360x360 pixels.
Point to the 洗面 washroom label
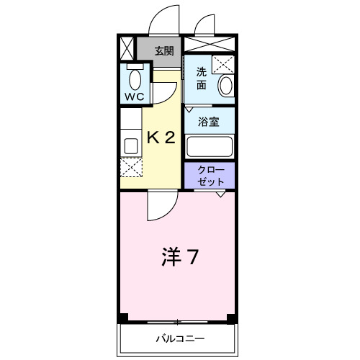[x=202, y=78]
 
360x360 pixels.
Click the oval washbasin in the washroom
[x=225, y=86]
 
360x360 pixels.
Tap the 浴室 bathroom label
[x=209, y=122]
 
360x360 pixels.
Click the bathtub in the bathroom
[x=210, y=146]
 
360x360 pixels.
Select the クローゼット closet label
[x=210, y=176]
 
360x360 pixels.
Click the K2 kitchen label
[x=161, y=138]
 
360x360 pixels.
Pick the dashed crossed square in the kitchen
[x=132, y=168]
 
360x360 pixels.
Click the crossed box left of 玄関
[x=127, y=49]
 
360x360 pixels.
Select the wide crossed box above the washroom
[x=210, y=44]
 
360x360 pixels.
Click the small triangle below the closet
[x=221, y=194]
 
